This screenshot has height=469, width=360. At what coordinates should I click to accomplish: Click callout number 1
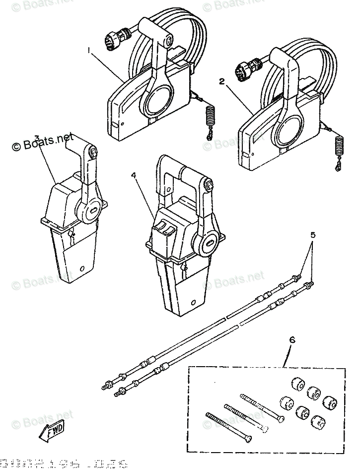pyautogui.click(x=89, y=51)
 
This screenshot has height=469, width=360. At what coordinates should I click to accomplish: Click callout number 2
pyautogui.click(x=222, y=80)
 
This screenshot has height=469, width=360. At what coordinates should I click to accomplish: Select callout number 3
pyautogui.click(x=37, y=138)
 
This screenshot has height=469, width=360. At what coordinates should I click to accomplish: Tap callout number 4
pyautogui.click(x=133, y=175)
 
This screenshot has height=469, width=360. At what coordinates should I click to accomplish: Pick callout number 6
pyautogui.click(x=292, y=340)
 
